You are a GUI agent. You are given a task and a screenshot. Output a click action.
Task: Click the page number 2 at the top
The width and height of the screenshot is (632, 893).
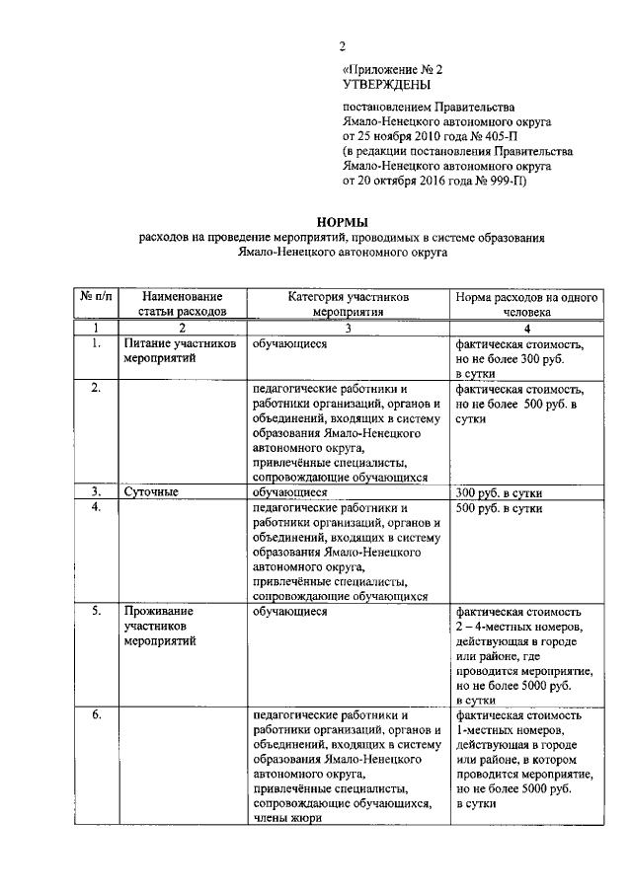(x=342, y=45)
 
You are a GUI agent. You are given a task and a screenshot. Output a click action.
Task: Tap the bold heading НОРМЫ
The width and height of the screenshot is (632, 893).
(x=341, y=223)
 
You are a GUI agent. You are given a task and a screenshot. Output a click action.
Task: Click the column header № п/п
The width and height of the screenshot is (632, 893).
(x=95, y=296)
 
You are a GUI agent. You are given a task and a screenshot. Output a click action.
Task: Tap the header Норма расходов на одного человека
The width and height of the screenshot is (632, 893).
(x=525, y=303)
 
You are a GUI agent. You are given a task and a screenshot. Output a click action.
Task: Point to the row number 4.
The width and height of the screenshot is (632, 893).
(x=95, y=506)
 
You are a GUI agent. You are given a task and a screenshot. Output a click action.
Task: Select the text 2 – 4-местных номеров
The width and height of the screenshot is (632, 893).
(x=513, y=626)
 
